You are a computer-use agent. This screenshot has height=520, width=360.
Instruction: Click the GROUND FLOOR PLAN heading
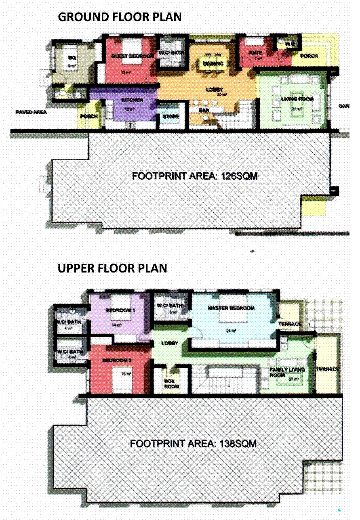120,17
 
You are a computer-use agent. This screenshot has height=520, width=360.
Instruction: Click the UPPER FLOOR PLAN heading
112,268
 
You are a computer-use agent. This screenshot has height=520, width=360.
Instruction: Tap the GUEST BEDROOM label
133,56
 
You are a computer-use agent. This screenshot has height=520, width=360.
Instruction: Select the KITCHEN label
132,100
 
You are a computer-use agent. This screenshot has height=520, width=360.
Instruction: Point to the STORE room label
171,117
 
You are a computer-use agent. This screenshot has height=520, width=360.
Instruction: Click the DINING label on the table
213,63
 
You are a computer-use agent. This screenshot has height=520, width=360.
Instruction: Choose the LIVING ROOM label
298,99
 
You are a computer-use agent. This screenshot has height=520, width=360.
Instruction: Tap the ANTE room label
255,53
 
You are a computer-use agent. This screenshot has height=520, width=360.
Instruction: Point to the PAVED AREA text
31,112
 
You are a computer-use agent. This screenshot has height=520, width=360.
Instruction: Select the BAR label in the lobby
204,109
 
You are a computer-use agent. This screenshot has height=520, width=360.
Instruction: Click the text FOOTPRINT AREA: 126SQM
195,176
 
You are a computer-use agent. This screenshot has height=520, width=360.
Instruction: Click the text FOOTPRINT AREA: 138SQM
193,443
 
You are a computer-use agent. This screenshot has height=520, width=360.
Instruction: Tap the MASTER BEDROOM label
231,308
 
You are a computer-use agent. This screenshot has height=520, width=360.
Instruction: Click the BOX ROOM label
171,384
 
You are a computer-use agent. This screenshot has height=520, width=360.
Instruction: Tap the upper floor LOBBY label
170,343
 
